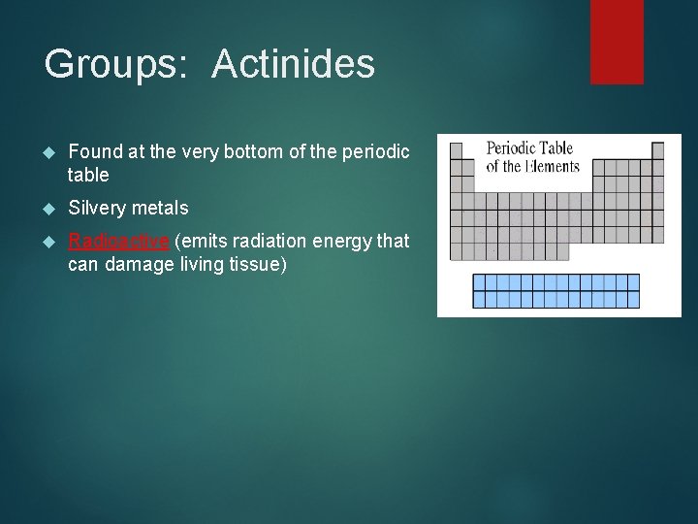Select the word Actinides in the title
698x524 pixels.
(293, 64)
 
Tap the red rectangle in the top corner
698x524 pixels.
(617, 41)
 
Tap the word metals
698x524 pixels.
(161, 208)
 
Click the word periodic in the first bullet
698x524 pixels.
(376, 151)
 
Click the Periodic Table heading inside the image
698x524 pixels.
(529, 148)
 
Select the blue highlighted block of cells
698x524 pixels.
(555, 291)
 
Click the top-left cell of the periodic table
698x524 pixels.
(457, 151)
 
